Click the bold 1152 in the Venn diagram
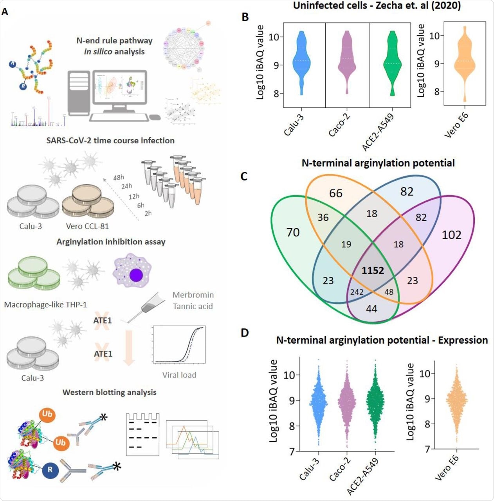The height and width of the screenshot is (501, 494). [373, 270]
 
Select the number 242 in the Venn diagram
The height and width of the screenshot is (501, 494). [357, 292]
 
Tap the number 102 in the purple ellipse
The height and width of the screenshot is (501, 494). [451, 235]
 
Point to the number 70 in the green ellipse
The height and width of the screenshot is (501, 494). [293, 232]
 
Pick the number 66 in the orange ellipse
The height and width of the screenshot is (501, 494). [335, 193]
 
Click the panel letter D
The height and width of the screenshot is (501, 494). [245, 333]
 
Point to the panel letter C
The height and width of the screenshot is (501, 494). [244, 177]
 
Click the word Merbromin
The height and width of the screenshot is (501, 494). [193, 295]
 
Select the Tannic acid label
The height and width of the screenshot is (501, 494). [193, 306]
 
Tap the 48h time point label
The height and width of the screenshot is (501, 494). [119, 178]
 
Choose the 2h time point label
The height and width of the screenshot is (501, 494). [148, 213]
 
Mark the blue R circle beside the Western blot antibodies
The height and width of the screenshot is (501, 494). [50, 469]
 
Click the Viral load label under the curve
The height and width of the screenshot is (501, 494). [179, 375]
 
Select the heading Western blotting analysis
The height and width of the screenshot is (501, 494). [109, 392]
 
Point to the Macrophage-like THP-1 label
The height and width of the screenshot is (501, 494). [45, 305]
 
